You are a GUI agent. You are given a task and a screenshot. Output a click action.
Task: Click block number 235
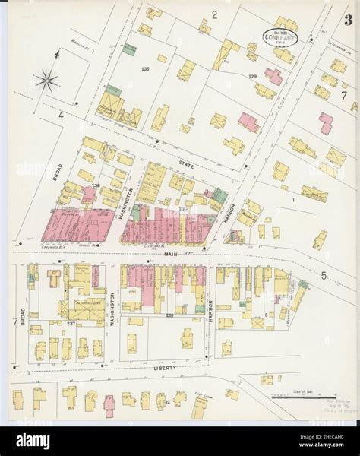tap(146, 70)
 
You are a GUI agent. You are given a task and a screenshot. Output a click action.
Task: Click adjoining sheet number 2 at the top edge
tap(215, 14)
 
